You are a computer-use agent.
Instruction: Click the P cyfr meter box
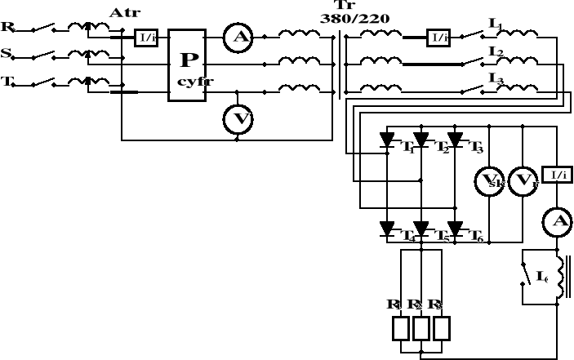pos(187,65)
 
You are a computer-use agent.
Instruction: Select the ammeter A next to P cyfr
pos(238,37)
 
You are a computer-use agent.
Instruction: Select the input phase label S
pos(7,55)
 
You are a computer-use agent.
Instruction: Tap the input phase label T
pos(7,83)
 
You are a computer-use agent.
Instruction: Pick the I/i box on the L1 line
pos(438,37)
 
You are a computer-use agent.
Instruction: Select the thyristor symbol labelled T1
pos(387,140)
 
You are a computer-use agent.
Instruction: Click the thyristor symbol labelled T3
pos(456,140)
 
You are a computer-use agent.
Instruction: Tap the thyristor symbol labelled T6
pos(456,229)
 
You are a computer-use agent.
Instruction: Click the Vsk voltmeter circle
pos(488,180)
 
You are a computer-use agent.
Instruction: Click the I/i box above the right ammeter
pos(556,176)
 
